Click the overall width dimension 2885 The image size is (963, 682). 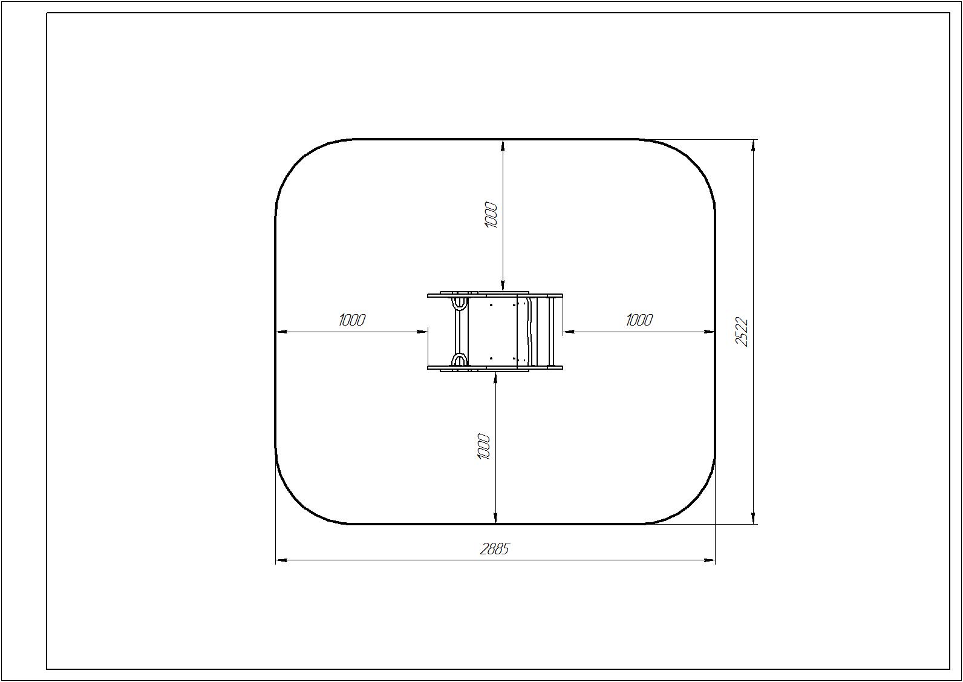[494, 549]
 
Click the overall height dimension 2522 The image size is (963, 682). [742, 332]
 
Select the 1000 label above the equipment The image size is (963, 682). [491, 215]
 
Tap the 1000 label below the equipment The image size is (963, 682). [484, 447]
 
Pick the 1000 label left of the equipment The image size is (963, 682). [352, 320]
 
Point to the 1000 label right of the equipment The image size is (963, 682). [639, 320]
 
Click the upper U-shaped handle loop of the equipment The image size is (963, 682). [459, 303]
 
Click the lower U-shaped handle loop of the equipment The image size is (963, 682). [459, 360]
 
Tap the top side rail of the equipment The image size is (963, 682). [495, 295]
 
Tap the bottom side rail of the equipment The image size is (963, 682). [495, 367]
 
